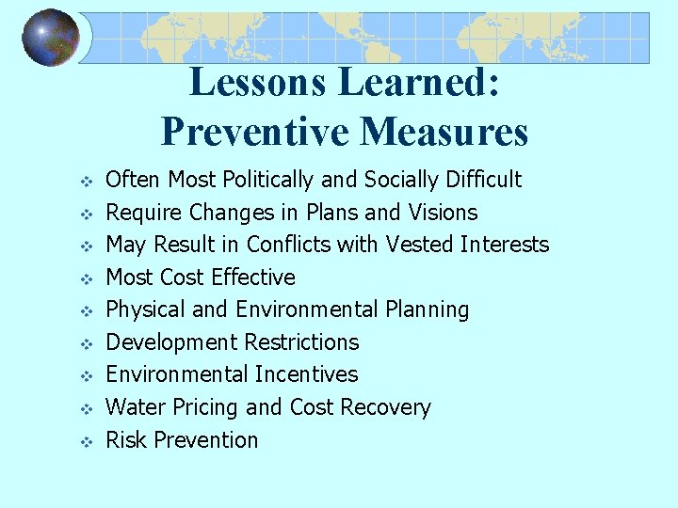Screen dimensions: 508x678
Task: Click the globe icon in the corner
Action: (51, 38)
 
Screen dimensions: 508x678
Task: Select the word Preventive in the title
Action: (250, 131)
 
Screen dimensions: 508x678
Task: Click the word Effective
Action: (253, 278)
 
